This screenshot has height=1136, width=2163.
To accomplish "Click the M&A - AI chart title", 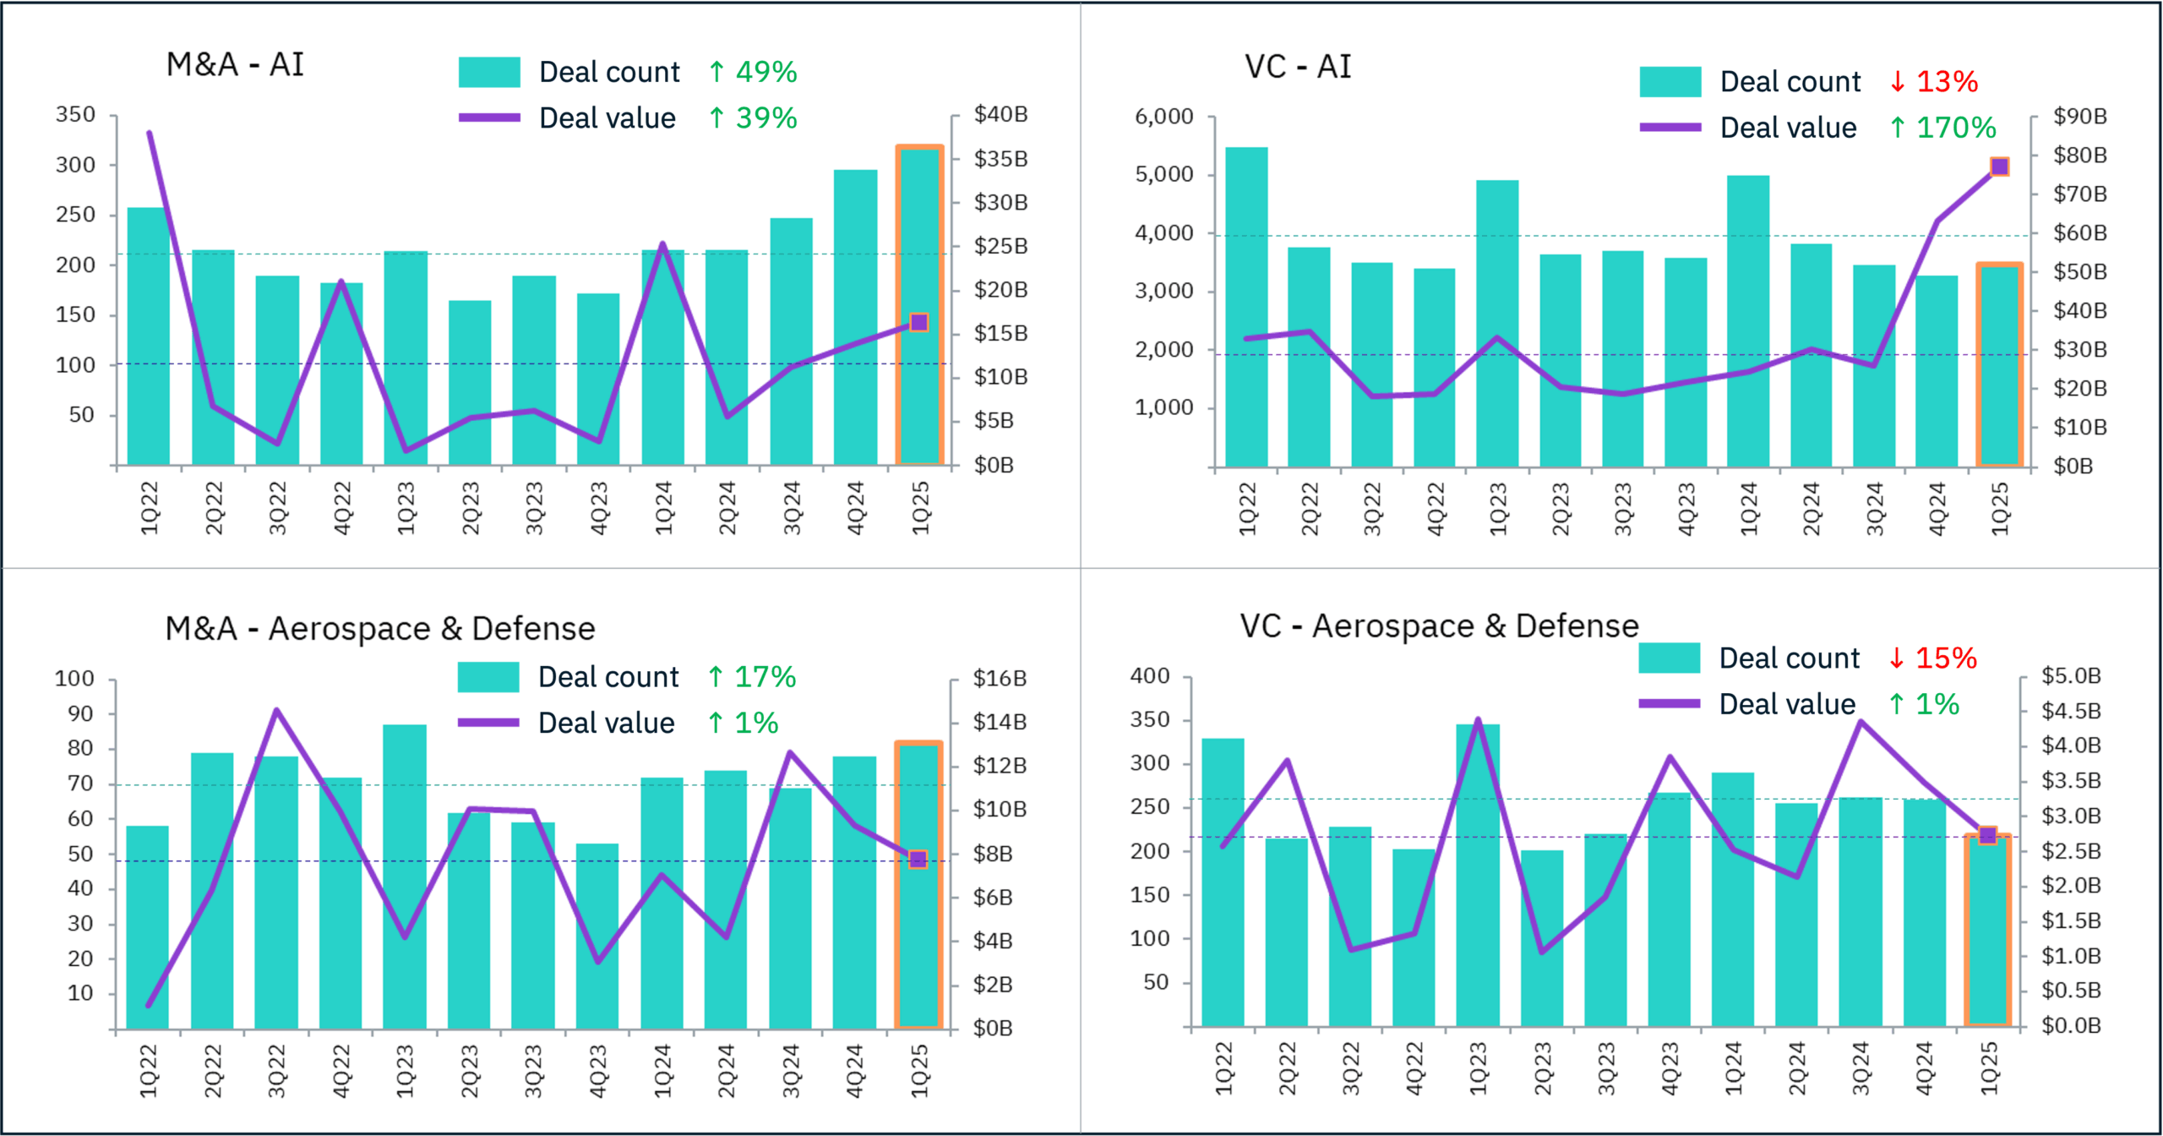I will [235, 64].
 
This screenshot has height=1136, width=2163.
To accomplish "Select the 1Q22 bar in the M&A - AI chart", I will [148, 338].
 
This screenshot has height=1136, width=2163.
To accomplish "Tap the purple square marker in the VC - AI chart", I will [1999, 167].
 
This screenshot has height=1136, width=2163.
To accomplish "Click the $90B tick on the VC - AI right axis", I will [2079, 116].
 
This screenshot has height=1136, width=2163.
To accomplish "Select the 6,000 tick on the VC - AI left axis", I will [1163, 117].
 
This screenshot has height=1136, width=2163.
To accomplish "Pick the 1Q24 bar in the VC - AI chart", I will [1748, 321].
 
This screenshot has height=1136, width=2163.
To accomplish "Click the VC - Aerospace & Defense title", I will [1439, 625].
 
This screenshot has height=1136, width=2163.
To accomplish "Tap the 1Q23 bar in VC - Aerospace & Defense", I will [1478, 875].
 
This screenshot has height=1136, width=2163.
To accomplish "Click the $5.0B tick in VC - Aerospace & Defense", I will [2071, 675].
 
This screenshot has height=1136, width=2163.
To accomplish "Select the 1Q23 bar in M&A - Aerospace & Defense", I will [405, 877].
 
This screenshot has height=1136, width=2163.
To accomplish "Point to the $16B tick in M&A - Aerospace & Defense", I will [1000, 678].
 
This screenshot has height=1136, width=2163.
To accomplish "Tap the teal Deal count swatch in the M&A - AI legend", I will [489, 72].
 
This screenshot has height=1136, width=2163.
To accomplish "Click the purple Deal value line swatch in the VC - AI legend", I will [1670, 128].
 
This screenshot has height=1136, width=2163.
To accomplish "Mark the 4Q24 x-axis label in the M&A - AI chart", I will [856, 508].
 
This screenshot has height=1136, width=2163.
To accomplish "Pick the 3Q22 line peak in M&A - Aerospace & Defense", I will [276, 710].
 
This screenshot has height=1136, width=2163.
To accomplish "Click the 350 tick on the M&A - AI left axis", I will [75, 114].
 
